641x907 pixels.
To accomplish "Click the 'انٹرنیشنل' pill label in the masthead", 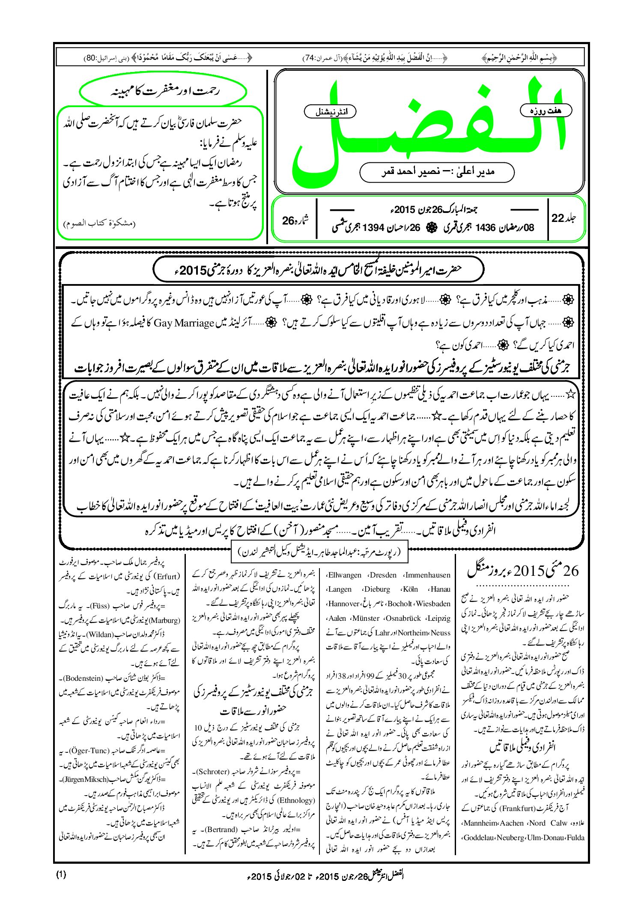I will point(329,112).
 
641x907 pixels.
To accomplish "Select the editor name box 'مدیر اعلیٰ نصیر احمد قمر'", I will point(437,172).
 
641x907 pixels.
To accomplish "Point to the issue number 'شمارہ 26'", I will point(295,220).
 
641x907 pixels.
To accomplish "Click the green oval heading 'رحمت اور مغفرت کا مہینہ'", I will point(163,91).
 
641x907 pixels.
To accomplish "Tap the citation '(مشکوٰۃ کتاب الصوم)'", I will point(99,223).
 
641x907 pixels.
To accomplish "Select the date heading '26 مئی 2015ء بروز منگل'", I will point(523,571).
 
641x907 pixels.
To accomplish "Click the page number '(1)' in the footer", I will point(61,874).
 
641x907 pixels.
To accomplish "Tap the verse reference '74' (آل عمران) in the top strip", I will point(309,58).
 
